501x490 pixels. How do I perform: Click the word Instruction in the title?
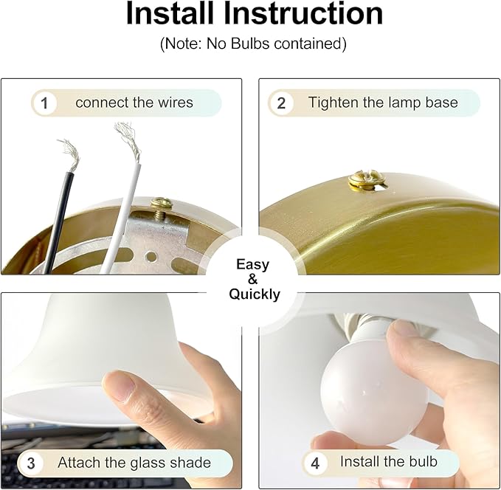point(303,13)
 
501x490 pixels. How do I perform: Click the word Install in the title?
point(170,13)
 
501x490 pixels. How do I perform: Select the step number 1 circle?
point(44,103)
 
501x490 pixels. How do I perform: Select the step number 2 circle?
point(281,103)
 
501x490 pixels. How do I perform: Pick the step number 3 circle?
point(31,463)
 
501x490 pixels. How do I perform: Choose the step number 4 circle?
point(315,463)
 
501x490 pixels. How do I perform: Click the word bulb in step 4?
point(424,461)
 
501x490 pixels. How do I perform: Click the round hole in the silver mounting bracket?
point(151,256)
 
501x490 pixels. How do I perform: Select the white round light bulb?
point(374,390)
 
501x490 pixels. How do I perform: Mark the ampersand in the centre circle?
point(252,280)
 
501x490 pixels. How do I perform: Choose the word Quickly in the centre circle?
point(255,294)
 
